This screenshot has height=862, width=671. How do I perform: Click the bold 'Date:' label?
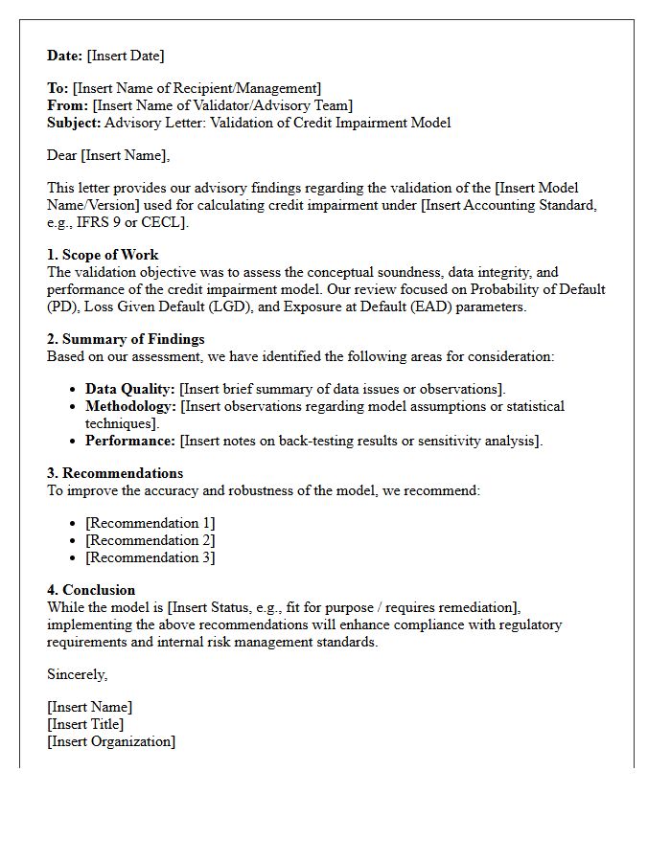(65, 56)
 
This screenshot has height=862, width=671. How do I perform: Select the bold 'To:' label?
(58, 88)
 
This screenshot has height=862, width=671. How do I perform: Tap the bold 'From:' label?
(68, 105)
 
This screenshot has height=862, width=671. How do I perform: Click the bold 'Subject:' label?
(74, 123)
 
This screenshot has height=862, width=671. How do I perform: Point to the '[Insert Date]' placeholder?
(126, 56)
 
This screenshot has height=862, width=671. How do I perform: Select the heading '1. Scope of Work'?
(103, 255)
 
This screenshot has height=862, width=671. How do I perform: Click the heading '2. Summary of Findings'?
(126, 339)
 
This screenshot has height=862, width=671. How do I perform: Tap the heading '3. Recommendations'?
(115, 473)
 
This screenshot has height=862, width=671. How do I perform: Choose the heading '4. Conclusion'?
(91, 590)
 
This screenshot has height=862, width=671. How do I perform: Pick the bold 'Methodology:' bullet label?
(130, 406)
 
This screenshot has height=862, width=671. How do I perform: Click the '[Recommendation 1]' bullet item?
(150, 523)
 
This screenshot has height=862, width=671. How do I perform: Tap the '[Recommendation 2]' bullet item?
(150, 540)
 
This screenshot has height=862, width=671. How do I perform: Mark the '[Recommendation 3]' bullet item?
(150, 557)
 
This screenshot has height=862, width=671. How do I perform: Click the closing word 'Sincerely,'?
(78, 674)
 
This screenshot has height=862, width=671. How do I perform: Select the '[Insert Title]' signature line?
(85, 724)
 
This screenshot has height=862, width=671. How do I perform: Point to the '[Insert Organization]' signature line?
(111, 741)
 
